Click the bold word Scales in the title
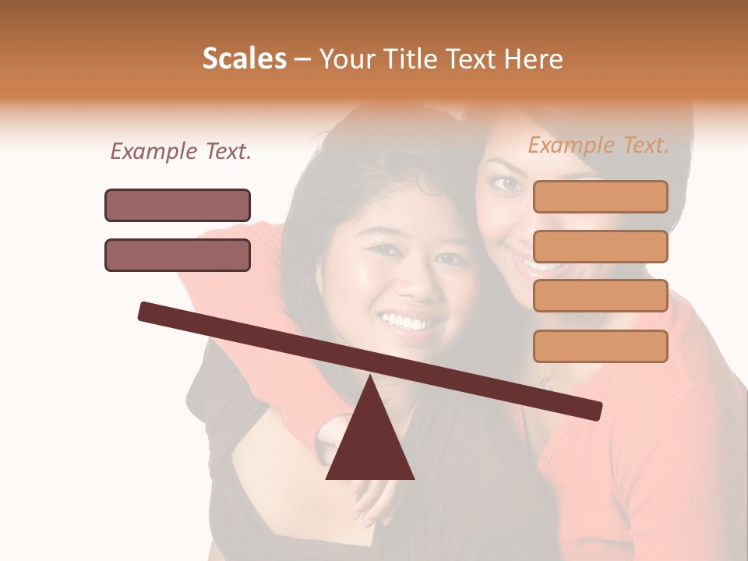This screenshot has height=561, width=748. tap(245, 59)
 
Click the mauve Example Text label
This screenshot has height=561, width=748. tap(181, 152)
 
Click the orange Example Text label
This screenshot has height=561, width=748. tap(598, 146)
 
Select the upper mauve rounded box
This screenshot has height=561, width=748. tap(178, 205)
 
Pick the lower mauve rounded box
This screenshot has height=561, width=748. tap(178, 255)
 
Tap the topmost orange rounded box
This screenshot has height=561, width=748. tap(600, 196)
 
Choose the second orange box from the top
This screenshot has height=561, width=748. tap(600, 246)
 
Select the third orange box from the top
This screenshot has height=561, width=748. tap(600, 295)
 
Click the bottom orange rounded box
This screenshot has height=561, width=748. tap(600, 346)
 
